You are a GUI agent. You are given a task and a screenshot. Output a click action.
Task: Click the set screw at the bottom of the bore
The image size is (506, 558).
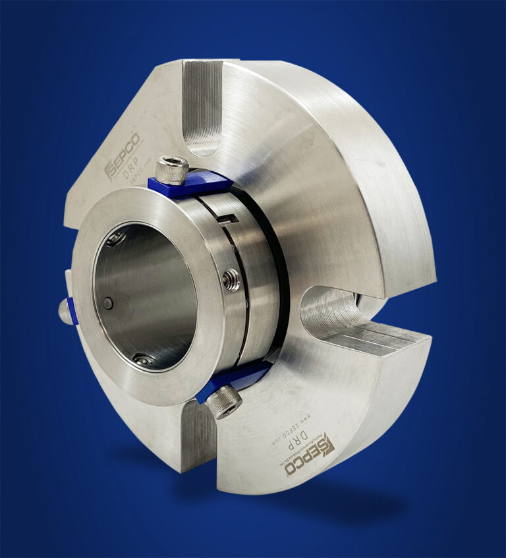142,359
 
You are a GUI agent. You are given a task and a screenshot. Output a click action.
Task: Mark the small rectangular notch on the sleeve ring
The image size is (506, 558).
229,218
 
